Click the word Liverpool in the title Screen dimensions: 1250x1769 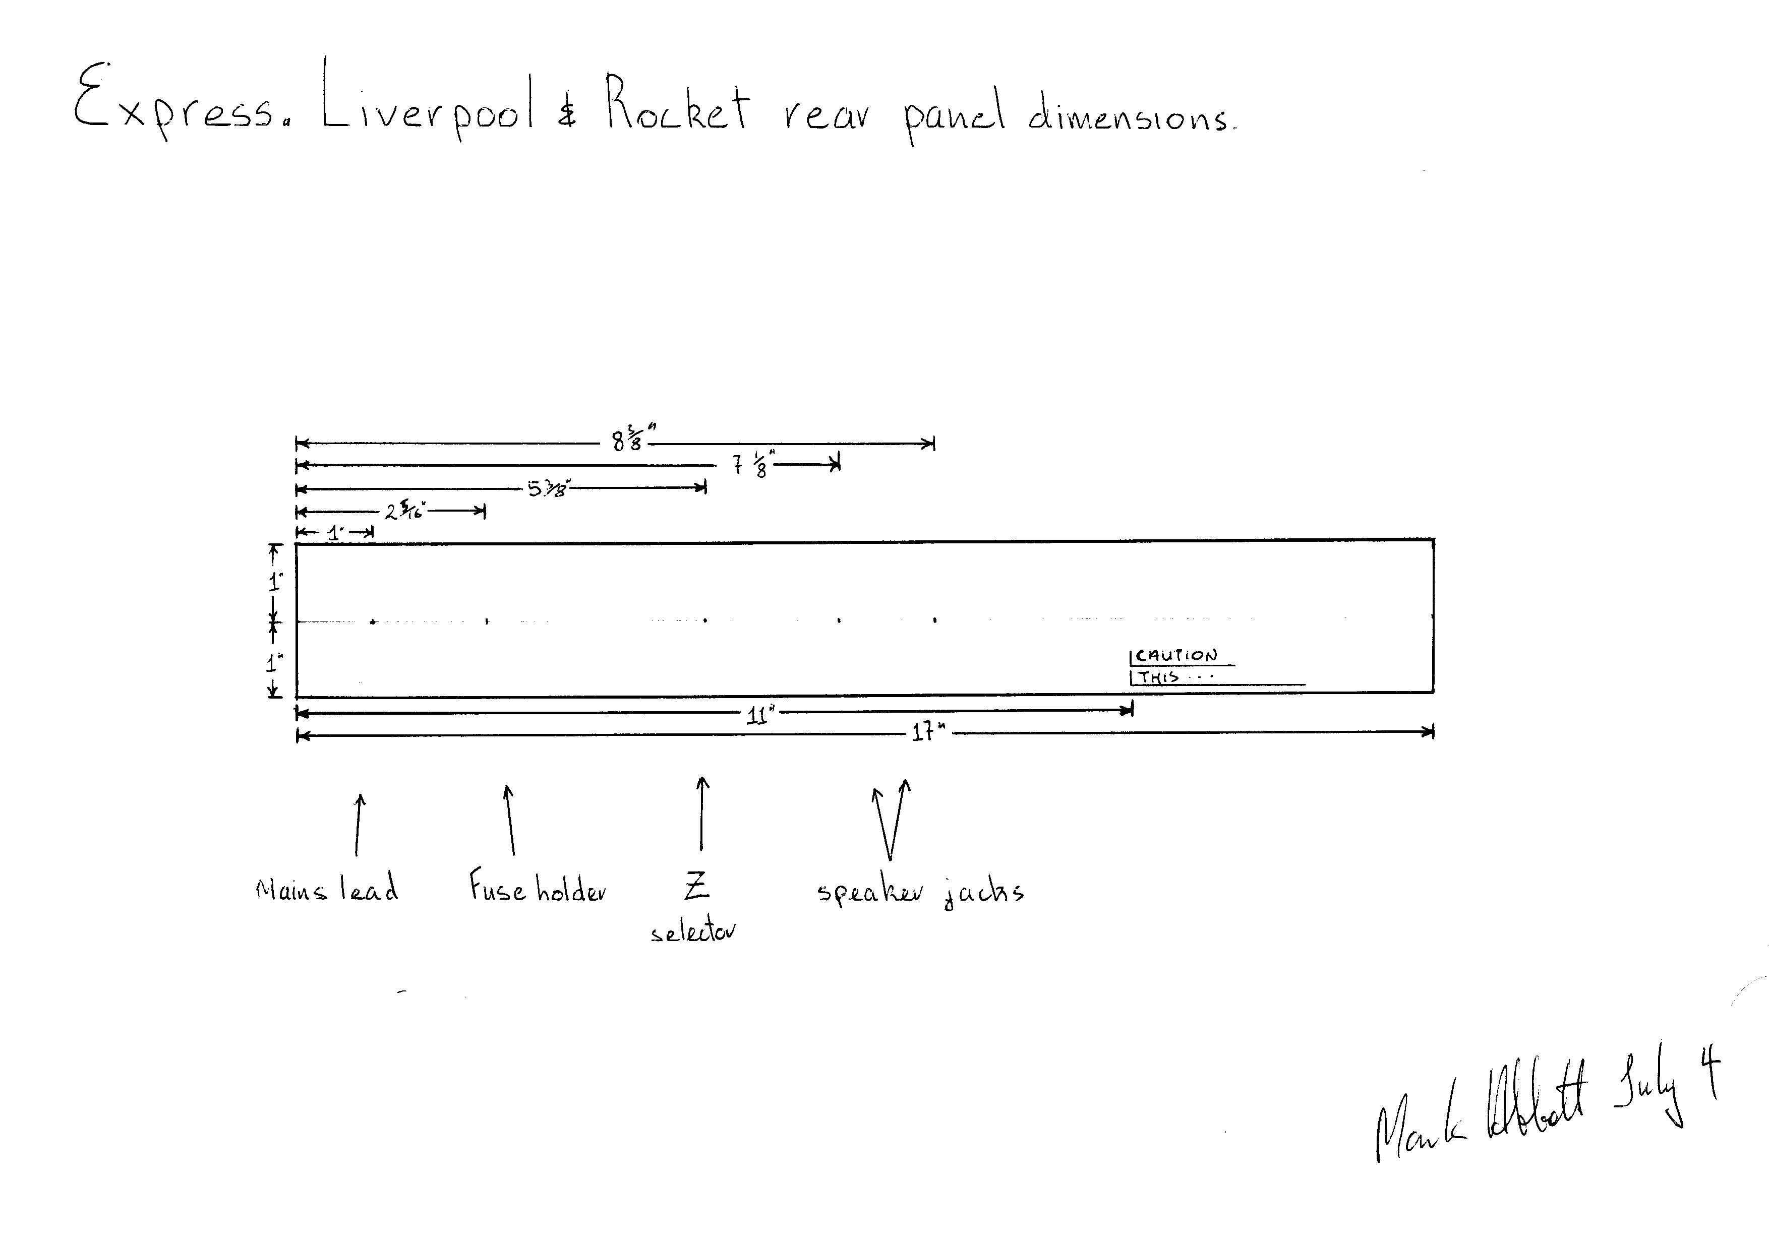pyautogui.click(x=428, y=100)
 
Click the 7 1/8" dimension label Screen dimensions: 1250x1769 pyautogui.click(x=752, y=464)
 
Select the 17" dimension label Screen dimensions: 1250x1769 pyautogui.click(x=928, y=732)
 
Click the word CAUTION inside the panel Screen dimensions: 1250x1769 pyautogui.click(x=1176, y=656)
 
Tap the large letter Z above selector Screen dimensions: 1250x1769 pyautogui.click(x=696, y=887)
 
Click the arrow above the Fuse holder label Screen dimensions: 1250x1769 pyautogui.click(x=509, y=820)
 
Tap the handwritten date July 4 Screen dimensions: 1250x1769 pyautogui.click(x=1664, y=1086)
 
